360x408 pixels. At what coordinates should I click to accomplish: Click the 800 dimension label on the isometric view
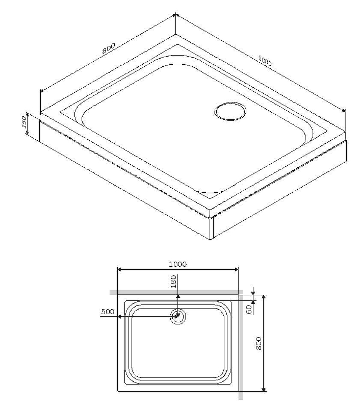click(x=108, y=48)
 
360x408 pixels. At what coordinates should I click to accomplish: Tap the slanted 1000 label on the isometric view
click(x=265, y=61)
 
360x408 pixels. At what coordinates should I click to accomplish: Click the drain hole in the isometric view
click(x=229, y=111)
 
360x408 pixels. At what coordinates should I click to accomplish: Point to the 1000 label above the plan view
click(x=177, y=264)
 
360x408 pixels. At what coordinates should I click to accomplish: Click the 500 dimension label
click(x=108, y=311)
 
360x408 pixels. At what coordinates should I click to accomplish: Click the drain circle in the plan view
click(x=178, y=316)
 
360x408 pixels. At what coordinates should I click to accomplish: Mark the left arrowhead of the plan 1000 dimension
click(x=120, y=269)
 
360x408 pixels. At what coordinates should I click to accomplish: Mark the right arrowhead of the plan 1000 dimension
click(x=236, y=269)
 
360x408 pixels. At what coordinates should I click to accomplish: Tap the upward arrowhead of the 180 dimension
click(x=177, y=296)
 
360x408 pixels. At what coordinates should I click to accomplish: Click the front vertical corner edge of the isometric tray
click(x=211, y=227)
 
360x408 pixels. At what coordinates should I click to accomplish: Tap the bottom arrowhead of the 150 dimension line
click(x=39, y=138)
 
